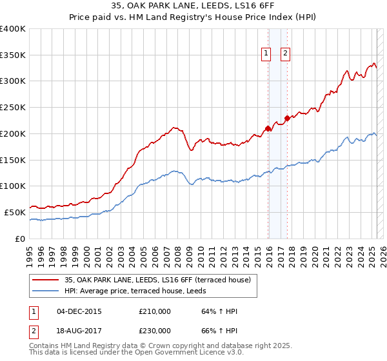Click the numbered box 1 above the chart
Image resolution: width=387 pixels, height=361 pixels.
pos(266,54)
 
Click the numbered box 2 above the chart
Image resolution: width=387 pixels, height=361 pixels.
pos(285,54)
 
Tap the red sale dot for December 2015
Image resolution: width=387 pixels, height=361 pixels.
pos(268,128)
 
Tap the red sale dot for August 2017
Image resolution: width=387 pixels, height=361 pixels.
pos(287,118)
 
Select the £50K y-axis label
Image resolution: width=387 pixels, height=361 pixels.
pos(15,212)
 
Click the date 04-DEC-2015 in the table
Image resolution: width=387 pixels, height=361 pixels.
pos(79,311)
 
